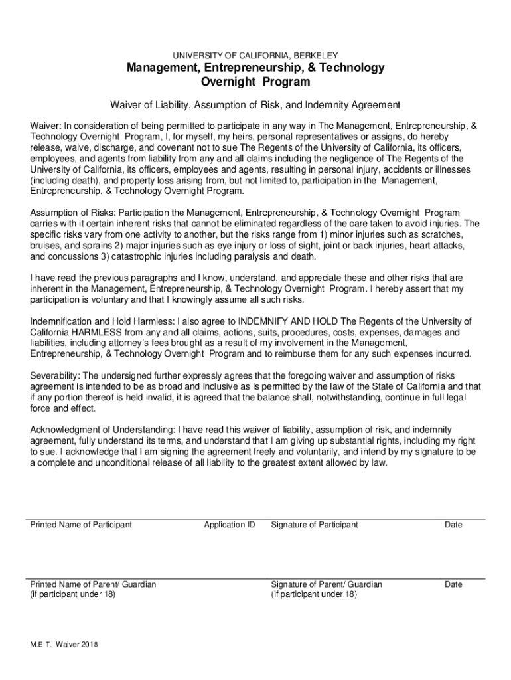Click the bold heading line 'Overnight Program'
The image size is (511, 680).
coord(256,82)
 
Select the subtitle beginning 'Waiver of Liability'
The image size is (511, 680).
coord(256,105)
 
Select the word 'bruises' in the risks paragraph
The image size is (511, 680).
coord(46,246)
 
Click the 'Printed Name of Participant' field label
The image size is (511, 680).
coord(81,525)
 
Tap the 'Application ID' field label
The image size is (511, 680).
coord(230,525)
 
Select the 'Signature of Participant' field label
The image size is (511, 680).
coord(314,525)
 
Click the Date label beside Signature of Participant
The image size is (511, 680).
coord(453,525)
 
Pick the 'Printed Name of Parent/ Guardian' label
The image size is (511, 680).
coord(94,584)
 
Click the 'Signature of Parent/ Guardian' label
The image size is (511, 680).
coord(327,584)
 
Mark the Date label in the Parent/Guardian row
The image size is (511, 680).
coord(453,584)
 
